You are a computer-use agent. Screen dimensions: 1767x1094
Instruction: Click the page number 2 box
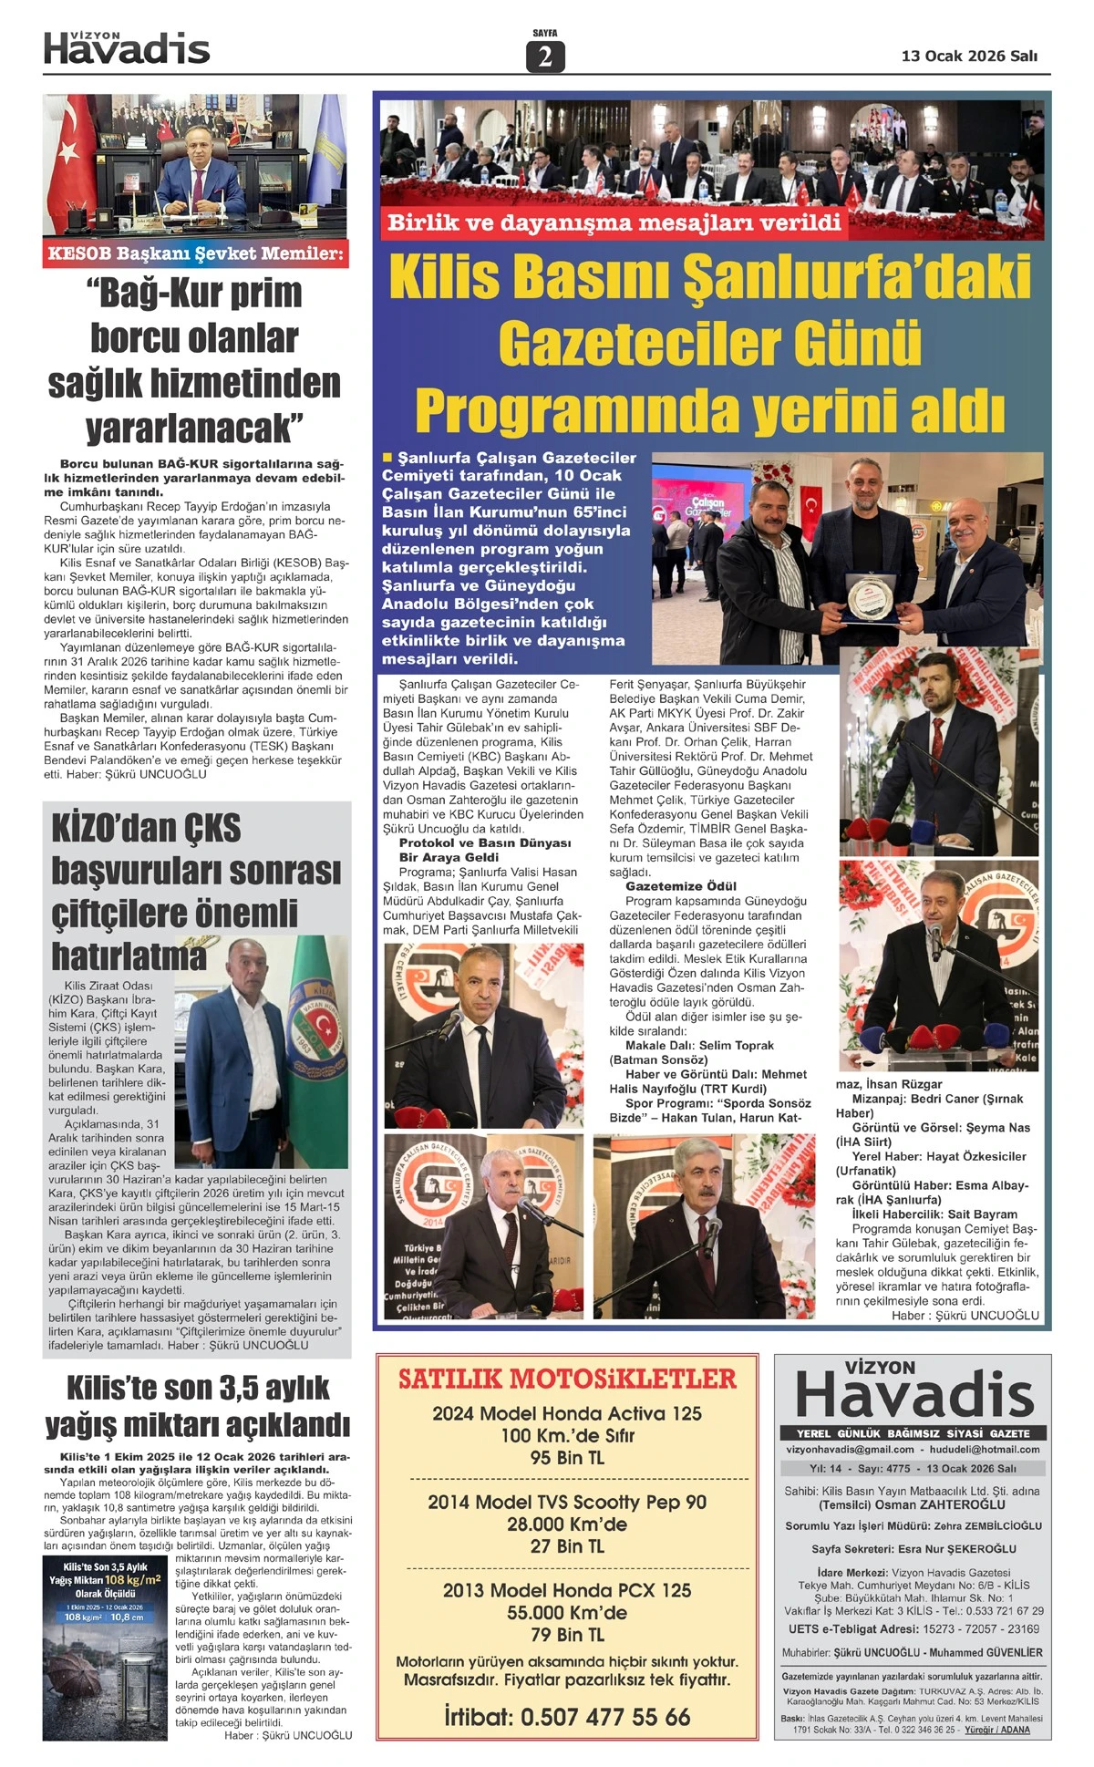pos(545,57)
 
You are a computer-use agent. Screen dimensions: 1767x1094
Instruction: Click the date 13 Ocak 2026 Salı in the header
pos(969,56)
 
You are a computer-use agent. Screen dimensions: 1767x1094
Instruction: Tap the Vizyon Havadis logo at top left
pos(127,47)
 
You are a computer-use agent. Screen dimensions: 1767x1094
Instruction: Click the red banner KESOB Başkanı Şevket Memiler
pos(196,253)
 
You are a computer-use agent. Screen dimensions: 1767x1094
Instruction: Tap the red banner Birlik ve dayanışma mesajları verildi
pos(614,222)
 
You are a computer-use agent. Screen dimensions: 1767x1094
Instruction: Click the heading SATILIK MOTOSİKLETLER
pos(567,1379)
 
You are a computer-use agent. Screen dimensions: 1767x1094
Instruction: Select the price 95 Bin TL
pos(567,1458)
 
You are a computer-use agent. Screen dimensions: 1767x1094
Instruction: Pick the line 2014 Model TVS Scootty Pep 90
pos(567,1502)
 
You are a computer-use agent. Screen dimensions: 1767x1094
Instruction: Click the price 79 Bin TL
pos(567,1635)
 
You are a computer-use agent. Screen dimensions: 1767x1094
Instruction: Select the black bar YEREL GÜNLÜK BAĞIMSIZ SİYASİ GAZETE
pos(913,1432)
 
